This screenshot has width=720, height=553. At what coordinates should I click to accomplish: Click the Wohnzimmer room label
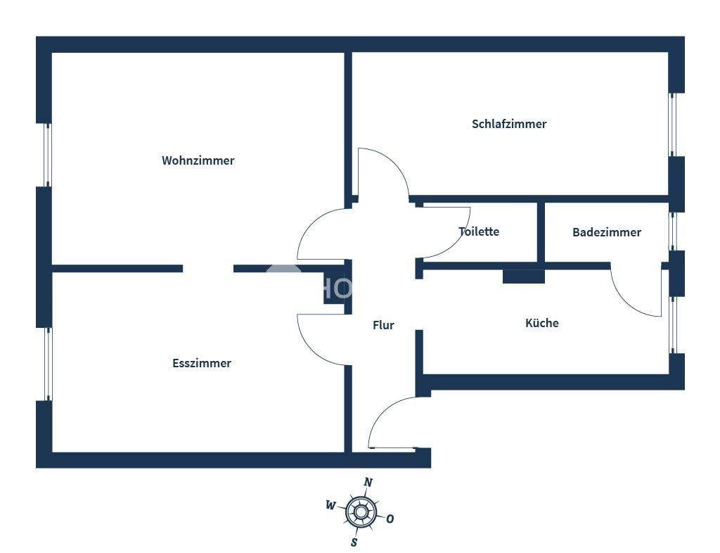pyautogui.click(x=198, y=160)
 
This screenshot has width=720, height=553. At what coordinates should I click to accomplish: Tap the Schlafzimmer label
pyautogui.click(x=509, y=124)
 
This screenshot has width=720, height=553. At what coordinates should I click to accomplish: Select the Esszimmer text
pyautogui.click(x=202, y=363)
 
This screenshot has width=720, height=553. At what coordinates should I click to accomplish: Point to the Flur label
pyautogui.click(x=383, y=325)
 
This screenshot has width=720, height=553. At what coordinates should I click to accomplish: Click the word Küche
pyautogui.click(x=542, y=323)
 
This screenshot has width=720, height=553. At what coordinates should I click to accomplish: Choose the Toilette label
pyautogui.click(x=479, y=231)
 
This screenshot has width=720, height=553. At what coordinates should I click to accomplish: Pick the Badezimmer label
pyautogui.click(x=606, y=232)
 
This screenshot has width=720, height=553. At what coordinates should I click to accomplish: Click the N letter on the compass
pyautogui.click(x=368, y=482)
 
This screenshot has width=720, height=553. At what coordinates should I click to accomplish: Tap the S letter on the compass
pyautogui.click(x=354, y=542)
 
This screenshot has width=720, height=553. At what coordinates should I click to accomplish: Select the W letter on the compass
pyautogui.click(x=330, y=504)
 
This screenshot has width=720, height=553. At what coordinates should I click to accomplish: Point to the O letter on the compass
pyautogui.click(x=390, y=519)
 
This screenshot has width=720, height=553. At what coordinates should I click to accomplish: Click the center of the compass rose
pyautogui.click(x=361, y=512)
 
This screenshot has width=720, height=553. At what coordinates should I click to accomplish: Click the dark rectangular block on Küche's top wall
pyautogui.click(x=523, y=276)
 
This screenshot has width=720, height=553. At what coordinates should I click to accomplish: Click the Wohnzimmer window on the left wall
pyautogui.click(x=47, y=155)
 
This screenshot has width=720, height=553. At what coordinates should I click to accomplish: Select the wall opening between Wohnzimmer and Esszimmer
pyautogui.click(x=208, y=268)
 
